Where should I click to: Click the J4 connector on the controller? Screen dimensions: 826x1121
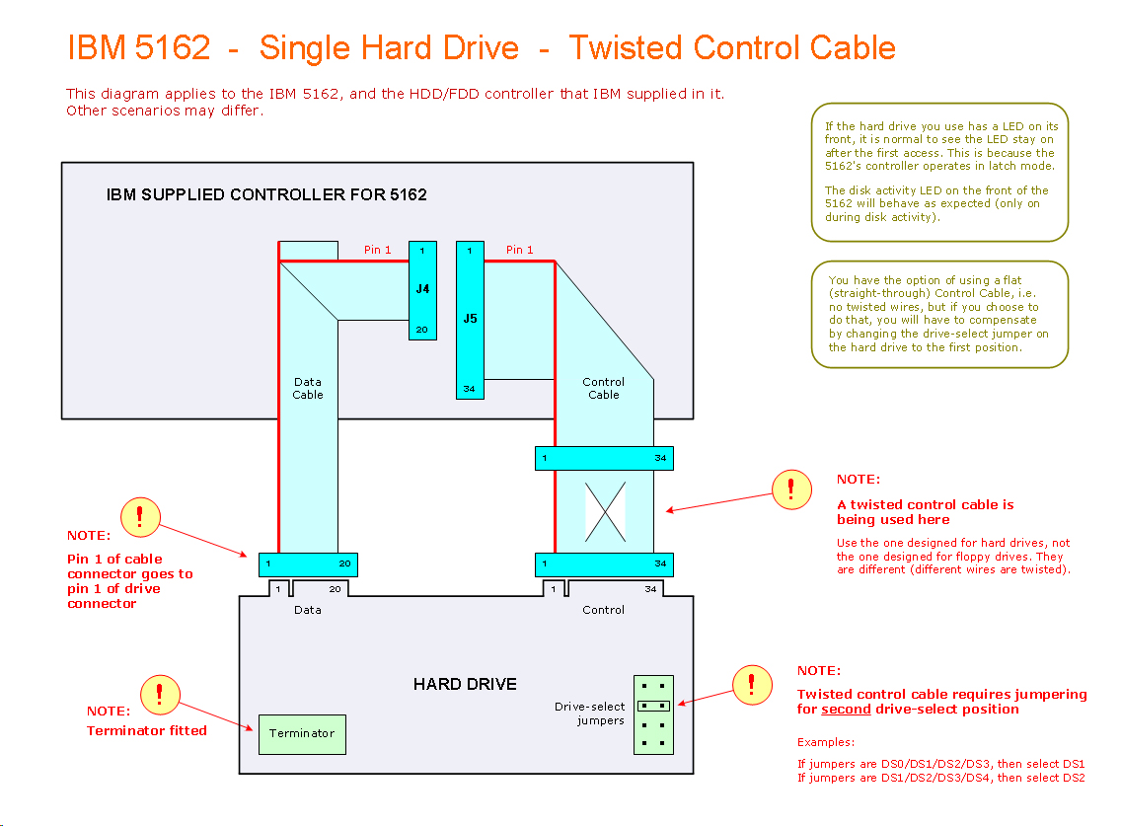[x=422, y=289]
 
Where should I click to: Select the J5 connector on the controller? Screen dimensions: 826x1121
[x=470, y=319]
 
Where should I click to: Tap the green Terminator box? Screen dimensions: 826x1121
[x=302, y=734]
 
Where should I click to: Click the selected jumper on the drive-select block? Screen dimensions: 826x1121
[x=653, y=706]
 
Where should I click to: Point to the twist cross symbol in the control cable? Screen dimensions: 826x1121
[x=605, y=511]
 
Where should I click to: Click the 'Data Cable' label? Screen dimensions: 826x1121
[x=308, y=388]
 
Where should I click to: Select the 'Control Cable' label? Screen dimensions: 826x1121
[x=604, y=388]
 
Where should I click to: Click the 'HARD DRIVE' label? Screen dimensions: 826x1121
[x=465, y=684]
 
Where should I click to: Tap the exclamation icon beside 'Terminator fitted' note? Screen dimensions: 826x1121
[x=160, y=694]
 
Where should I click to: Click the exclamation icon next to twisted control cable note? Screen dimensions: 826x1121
[x=791, y=488]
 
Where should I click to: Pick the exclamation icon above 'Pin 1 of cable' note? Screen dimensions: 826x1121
[x=140, y=516]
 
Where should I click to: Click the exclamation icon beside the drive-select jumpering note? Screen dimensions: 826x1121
[x=753, y=683]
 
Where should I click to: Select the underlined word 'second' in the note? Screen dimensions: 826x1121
[x=846, y=709]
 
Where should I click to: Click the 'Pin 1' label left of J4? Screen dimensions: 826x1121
[x=378, y=251]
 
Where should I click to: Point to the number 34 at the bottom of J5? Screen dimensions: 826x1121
[x=470, y=389]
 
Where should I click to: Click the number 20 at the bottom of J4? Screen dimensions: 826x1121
[x=422, y=330]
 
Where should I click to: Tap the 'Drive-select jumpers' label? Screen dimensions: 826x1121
[x=589, y=713]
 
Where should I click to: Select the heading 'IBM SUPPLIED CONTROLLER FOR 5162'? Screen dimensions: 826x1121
[x=266, y=194]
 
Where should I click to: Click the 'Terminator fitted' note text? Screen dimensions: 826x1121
[x=147, y=730]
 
